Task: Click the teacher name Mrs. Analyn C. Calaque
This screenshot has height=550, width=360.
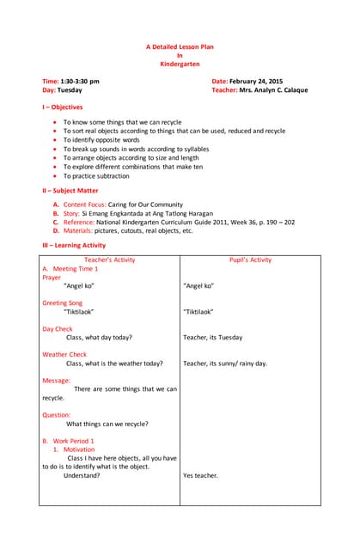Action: pyautogui.click(x=273, y=89)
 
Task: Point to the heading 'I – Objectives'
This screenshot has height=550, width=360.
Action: pyautogui.click(x=63, y=107)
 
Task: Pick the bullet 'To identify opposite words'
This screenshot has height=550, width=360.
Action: pyautogui.click(x=101, y=139)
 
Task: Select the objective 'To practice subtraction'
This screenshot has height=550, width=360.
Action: pyautogui.click(x=96, y=176)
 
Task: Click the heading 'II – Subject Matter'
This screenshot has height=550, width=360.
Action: pyautogui.click(x=70, y=190)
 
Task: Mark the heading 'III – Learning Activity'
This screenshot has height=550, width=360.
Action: pyautogui.click(x=74, y=246)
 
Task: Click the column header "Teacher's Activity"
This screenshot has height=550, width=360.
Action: pyautogui.click(x=109, y=260)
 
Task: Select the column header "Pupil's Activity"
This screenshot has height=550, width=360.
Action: pyautogui.click(x=250, y=260)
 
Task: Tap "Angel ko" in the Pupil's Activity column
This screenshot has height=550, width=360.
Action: pyautogui.click(x=198, y=285)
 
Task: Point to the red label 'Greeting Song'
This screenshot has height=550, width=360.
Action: pyautogui.click(x=63, y=302)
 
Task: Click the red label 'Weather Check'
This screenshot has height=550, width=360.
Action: pyautogui.click(x=64, y=354)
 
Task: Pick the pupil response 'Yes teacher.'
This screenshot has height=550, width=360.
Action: pyautogui.click(x=200, y=475)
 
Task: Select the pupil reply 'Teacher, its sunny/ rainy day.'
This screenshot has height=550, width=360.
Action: pyautogui.click(x=225, y=364)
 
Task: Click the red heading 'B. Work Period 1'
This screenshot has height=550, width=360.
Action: pyautogui.click(x=74, y=441)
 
